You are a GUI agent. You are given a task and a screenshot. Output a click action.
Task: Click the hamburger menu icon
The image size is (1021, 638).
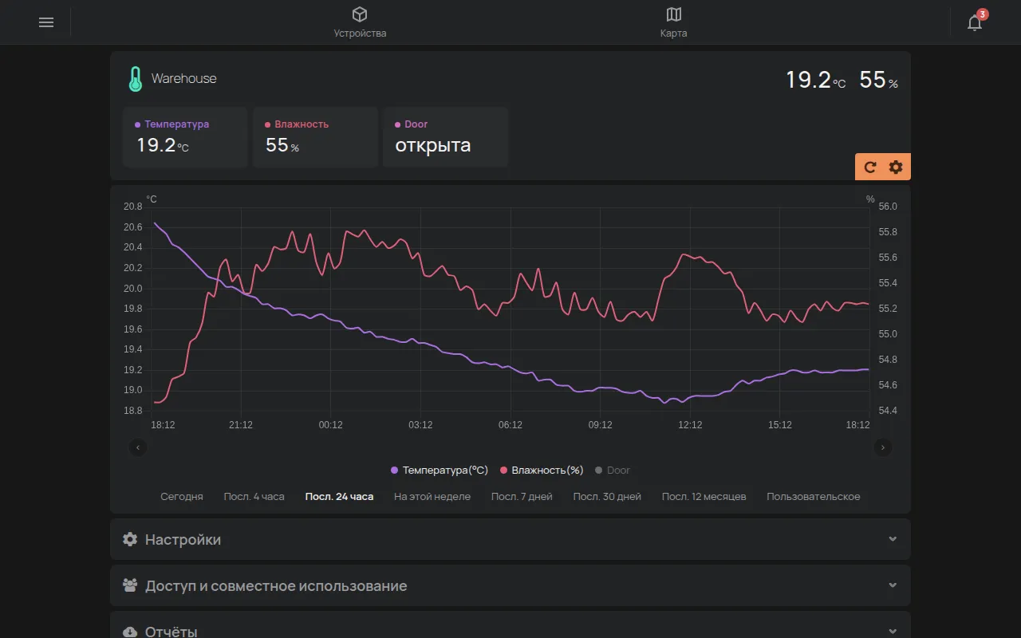(x=46, y=22)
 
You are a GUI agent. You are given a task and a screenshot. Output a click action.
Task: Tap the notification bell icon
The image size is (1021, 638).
(x=975, y=22)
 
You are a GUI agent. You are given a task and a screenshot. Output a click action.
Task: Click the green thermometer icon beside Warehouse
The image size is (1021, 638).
(x=136, y=79)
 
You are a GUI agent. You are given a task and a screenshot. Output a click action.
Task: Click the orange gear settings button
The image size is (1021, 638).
(x=896, y=167)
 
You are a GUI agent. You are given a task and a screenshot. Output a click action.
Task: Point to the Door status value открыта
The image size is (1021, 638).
(x=432, y=145)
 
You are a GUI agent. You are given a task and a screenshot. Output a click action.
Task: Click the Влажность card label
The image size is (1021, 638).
(x=302, y=124)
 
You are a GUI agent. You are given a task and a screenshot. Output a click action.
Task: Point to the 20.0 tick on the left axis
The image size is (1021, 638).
(x=133, y=289)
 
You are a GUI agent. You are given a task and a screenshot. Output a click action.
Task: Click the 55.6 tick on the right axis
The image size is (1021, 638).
(x=888, y=258)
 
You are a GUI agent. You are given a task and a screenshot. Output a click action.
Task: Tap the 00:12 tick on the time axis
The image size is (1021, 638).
(x=330, y=425)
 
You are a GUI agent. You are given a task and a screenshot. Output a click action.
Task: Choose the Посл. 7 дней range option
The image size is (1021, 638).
(x=522, y=496)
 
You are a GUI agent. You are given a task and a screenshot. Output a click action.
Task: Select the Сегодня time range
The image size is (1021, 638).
(x=181, y=496)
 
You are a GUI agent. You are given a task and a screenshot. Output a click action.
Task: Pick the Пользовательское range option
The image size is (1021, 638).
(x=813, y=496)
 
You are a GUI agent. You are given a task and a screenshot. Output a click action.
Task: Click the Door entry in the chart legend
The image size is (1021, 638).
(x=613, y=471)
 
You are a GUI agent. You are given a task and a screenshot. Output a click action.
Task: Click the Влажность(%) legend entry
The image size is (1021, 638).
(x=542, y=471)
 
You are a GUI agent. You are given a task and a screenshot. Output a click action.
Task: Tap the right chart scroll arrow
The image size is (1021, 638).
(x=882, y=447)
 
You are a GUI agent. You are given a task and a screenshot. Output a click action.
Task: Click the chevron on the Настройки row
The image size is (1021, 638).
(x=893, y=539)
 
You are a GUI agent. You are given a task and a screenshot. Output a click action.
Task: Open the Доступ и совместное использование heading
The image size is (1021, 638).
(x=276, y=585)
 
